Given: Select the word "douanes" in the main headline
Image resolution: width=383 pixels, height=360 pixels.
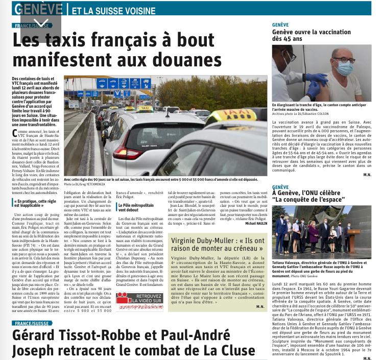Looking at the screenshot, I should tap(177, 63).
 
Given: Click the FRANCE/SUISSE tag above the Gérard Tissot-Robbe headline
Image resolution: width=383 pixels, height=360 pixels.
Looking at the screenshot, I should tap(33, 323).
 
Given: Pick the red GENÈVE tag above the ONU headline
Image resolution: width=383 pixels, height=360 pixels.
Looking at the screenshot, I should tap(281, 187).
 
